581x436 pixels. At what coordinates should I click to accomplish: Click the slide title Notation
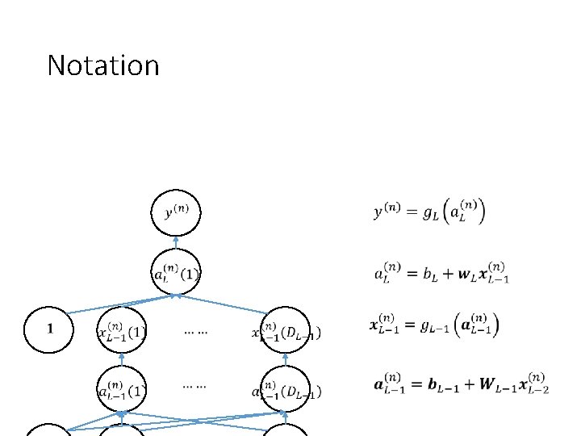click(103, 65)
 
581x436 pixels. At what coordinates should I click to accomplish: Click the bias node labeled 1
click(51, 329)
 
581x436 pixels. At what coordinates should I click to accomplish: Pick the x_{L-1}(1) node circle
click(121, 329)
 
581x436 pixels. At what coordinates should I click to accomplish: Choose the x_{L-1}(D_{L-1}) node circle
click(287, 329)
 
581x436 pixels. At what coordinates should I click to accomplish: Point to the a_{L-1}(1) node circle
click(121, 390)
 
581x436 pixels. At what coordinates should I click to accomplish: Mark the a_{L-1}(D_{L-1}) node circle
click(287, 390)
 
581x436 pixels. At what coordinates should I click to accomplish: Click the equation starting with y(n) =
click(429, 213)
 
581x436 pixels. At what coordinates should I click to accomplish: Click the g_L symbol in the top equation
click(434, 214)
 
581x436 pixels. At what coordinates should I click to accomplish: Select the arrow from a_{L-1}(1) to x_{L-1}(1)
click(121, 359)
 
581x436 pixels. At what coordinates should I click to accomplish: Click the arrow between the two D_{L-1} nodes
click(287, 359)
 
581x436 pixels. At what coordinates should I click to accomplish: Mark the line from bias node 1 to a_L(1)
click(121, 304)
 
